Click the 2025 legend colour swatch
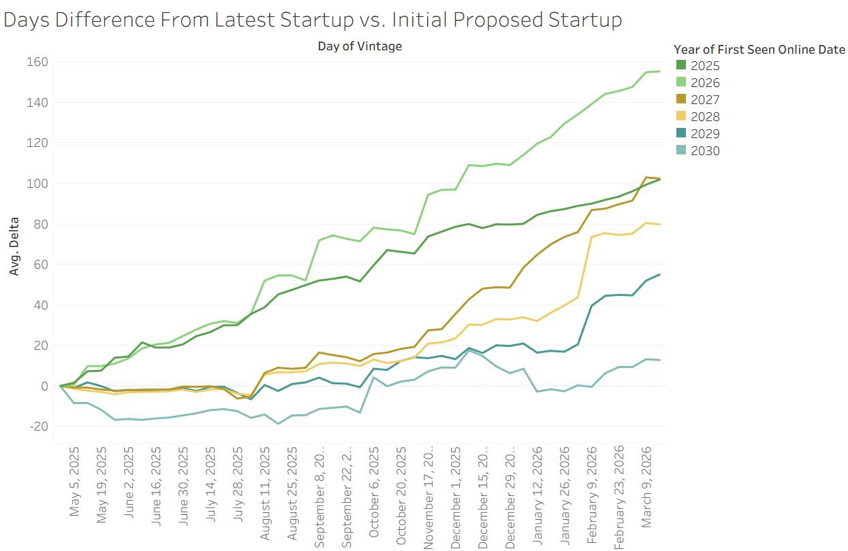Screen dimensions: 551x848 [681, 66]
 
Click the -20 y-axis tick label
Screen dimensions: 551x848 [37, 427]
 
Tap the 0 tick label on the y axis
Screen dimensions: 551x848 [44, 386]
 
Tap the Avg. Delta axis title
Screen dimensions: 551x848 [14, 246]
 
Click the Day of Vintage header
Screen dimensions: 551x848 [360, 46]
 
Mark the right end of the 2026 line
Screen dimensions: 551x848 [659, 71]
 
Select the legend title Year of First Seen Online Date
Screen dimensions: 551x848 [759, 50]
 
